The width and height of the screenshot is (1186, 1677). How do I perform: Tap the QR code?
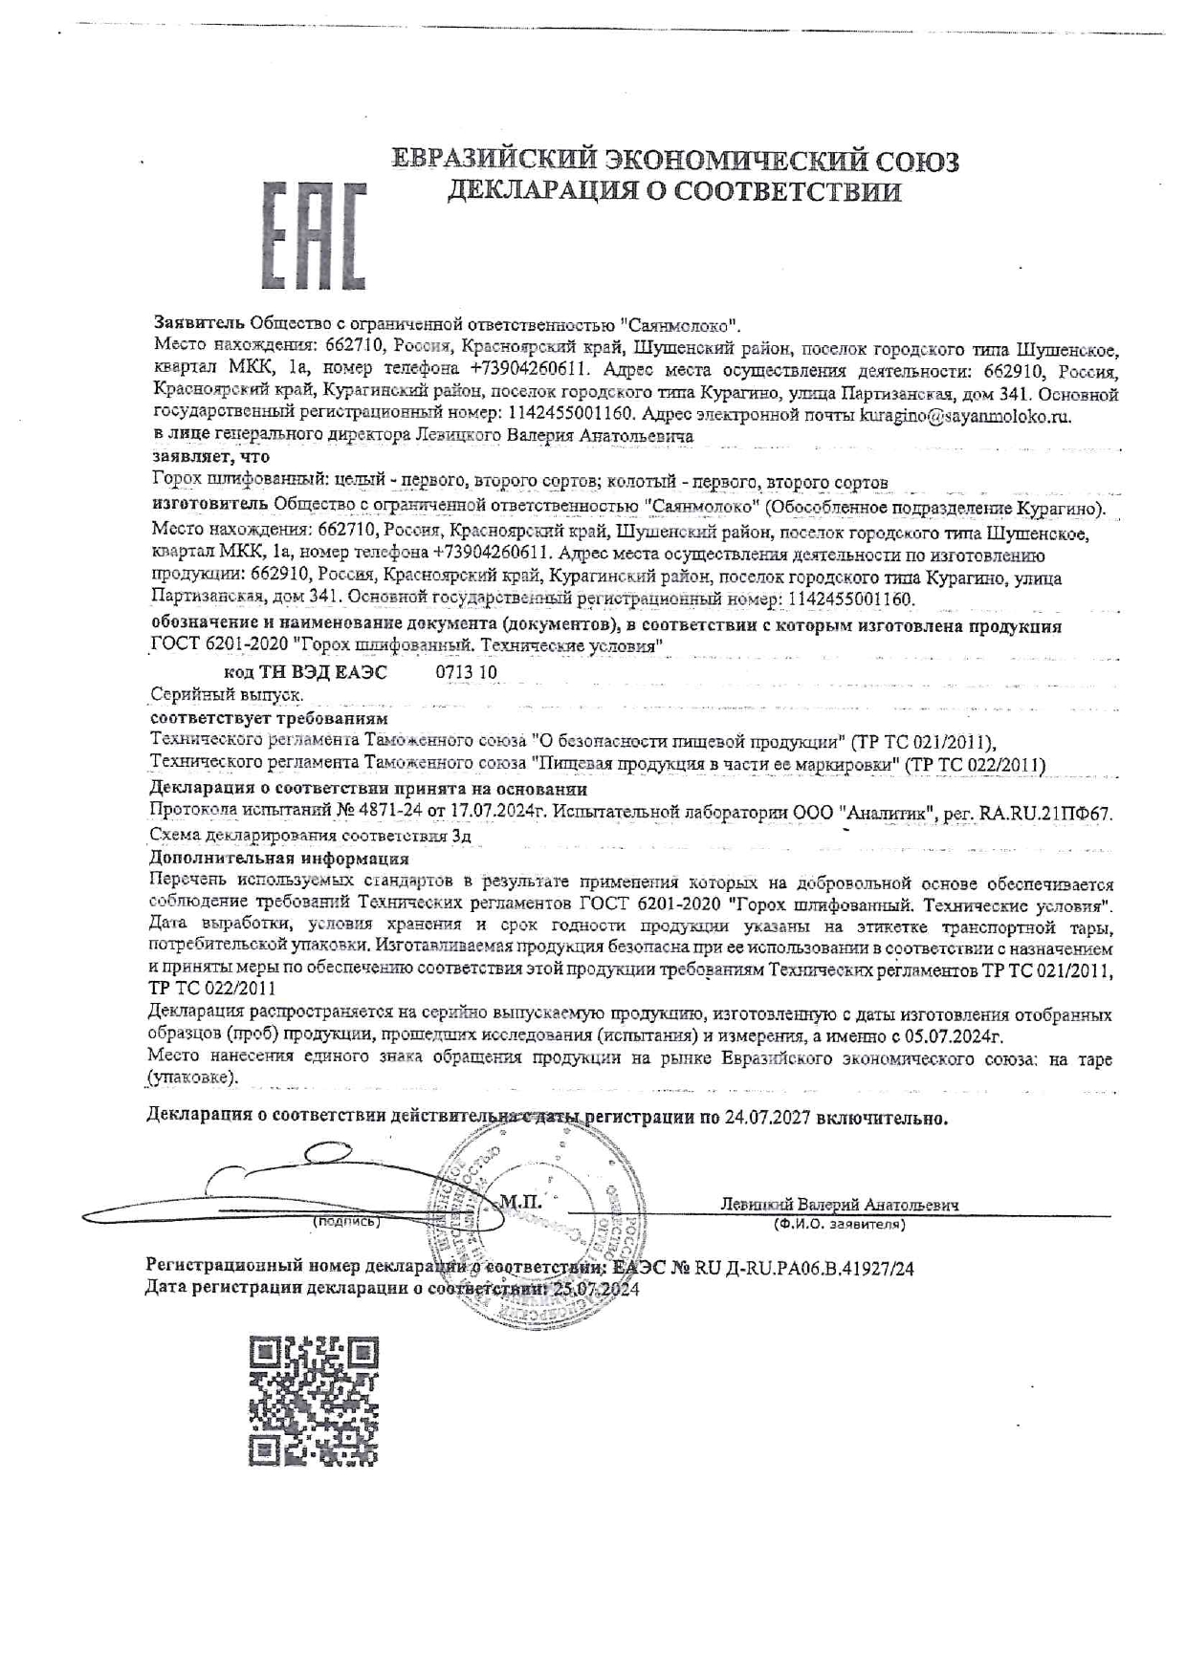pos(314,1401)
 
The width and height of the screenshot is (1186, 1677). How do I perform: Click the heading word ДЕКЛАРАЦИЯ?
pos(542,191)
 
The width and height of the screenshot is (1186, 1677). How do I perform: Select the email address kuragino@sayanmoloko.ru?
pos(965,416)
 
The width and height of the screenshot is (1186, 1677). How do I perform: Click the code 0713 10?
pos(466,671)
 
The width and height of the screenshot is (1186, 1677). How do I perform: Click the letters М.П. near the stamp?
pos(519,1201)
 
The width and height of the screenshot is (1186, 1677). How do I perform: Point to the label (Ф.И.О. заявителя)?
pos(839,1224)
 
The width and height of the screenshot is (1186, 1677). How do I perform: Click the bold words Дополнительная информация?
pos(279,859)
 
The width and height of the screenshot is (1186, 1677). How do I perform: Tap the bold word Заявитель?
pos(198,323)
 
